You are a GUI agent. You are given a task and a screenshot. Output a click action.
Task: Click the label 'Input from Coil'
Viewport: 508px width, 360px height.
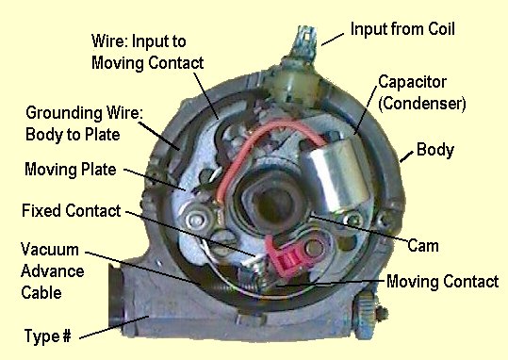click(x=402, y=29)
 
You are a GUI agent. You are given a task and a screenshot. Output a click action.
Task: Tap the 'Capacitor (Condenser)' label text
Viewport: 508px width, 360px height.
click(x=422, y=92)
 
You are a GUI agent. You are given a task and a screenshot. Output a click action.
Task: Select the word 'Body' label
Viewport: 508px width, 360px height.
click(x=435, y=150)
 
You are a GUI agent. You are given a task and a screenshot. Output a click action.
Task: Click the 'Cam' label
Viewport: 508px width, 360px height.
click(x=423, y=245)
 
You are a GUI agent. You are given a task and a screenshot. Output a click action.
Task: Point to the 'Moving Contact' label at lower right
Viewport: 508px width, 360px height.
click(x=443, y=281)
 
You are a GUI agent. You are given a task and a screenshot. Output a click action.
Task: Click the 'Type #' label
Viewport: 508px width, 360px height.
click(x=48, y=335)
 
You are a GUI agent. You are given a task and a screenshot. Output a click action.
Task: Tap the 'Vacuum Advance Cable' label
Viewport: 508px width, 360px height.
click(x=53, y=270)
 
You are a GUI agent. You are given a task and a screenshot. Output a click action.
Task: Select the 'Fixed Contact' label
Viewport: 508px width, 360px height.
click(x=72, y=210)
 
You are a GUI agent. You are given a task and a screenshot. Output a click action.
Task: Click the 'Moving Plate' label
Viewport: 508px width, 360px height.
click(x=71, y=169)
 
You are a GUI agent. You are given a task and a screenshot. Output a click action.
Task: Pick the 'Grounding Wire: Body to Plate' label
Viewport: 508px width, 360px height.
click(x=84, y=123)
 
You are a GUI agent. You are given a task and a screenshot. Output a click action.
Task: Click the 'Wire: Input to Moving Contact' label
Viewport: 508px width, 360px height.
click(x=147, y=52)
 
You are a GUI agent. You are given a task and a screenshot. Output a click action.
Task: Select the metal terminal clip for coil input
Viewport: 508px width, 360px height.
click(x=303, y=41)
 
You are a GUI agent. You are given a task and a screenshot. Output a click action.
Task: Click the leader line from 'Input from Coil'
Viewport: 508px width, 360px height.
click(x=333, y=40)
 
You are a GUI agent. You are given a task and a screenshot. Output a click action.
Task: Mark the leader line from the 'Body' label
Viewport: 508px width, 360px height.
click(x=406, y=156)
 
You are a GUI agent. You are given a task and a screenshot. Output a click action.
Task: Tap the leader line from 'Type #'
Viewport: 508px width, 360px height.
click(x=114, y=327)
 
